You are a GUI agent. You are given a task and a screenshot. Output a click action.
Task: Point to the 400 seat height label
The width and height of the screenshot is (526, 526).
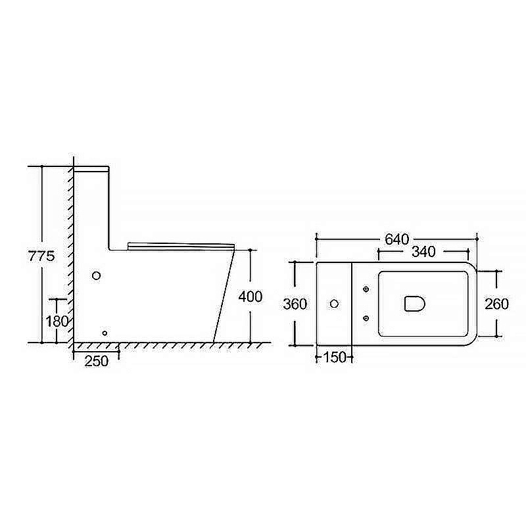(x=250, y=297)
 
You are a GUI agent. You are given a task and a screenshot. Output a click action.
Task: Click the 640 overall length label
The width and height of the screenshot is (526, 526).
(x=397, y=239)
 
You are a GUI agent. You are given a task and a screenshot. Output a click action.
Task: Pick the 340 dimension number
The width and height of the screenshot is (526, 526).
(x=424, y=252)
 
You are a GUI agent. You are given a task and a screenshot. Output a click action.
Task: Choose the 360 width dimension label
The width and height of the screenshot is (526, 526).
(x=295, y=304)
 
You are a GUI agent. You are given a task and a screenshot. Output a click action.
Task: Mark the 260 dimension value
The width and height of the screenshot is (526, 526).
(x=496, y=304)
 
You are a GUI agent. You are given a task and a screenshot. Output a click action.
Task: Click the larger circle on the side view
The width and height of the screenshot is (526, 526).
(x=97, y=275)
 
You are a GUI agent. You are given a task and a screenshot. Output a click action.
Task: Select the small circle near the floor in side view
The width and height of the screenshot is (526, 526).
(x=105, y=333)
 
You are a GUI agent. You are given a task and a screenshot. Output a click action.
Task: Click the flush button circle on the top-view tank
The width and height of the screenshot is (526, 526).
(x=334, y=304)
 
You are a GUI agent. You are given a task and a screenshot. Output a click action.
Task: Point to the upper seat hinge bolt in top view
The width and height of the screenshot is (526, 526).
(x=365, y=288)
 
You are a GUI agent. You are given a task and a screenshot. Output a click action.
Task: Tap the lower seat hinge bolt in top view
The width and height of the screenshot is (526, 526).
(x=365, y=319)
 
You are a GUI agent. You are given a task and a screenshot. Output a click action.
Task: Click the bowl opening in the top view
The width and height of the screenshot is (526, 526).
(x=413, y=303)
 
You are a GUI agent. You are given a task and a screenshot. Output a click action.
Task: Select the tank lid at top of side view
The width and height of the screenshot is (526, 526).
(x=91, y=170)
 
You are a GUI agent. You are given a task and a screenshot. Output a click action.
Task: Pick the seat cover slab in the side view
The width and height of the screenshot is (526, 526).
(x=181, y=245)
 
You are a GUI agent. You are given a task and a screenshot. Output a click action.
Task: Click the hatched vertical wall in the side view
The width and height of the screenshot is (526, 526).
(x=69, y=256)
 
